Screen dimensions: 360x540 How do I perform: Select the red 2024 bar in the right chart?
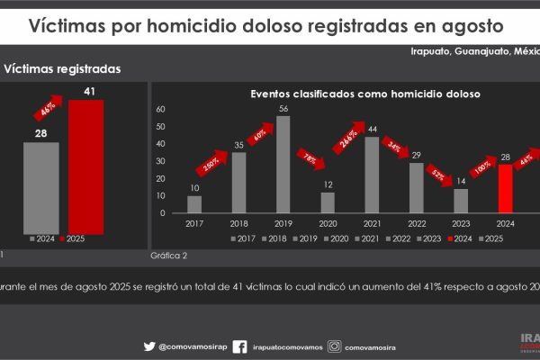pos(505,189)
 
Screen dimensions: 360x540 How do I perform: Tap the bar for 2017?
pos(194,204)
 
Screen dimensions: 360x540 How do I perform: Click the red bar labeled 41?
pos(85,163)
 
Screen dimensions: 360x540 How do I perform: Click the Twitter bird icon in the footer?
pos(149,346)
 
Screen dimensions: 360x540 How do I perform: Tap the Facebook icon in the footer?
pos(240,346)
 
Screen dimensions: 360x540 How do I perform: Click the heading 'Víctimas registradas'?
pos(63,68)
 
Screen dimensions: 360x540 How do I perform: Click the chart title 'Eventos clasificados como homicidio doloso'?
pos(364,93)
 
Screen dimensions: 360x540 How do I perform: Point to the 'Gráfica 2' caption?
pos(168,256)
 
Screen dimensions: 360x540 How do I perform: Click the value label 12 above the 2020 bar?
pos(328,184)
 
